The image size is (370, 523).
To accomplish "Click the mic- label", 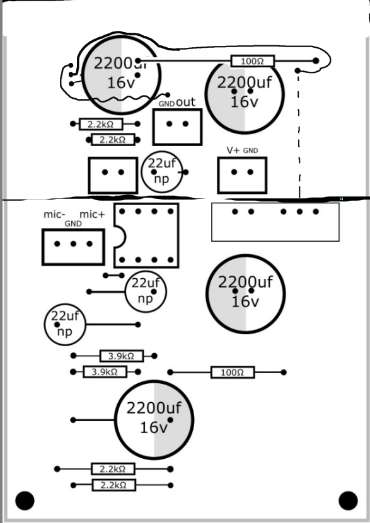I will (54, 215).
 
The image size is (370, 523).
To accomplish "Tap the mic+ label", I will (92, 215).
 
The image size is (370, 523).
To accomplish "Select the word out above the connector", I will (186, 101).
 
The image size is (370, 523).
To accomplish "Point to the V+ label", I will (233, 150).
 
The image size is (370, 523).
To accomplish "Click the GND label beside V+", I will (251, 151).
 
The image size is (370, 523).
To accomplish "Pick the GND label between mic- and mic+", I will (73, 223).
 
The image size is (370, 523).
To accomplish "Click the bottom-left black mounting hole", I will (25, 500).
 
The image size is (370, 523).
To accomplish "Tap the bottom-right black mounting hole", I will (348, 500).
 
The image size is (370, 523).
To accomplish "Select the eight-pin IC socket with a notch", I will (146, 235).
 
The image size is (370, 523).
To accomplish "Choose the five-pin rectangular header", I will (275, 222).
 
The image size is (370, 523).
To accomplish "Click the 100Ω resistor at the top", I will (253, 61).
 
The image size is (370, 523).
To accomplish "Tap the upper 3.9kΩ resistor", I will (122, 356).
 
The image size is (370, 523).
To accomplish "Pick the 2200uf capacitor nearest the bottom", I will (154, 419).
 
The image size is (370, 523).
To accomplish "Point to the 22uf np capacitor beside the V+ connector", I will (162, 171).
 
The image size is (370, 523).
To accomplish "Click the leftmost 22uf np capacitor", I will (64, 323).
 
